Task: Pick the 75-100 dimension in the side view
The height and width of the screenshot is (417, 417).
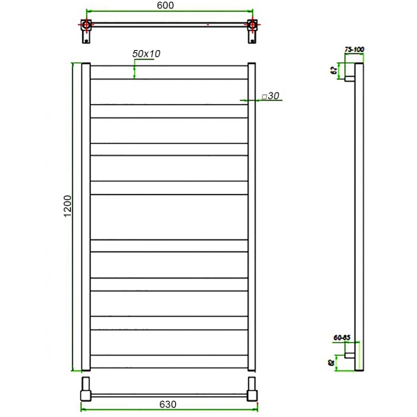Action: coord(354,50)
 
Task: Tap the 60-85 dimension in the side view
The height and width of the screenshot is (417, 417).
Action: coord(343,337)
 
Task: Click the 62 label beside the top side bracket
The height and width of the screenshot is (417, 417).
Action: coord(334,70)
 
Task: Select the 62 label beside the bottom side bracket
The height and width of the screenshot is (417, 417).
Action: coord(332,361)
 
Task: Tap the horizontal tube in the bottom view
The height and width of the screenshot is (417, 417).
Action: coord(168,395)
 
